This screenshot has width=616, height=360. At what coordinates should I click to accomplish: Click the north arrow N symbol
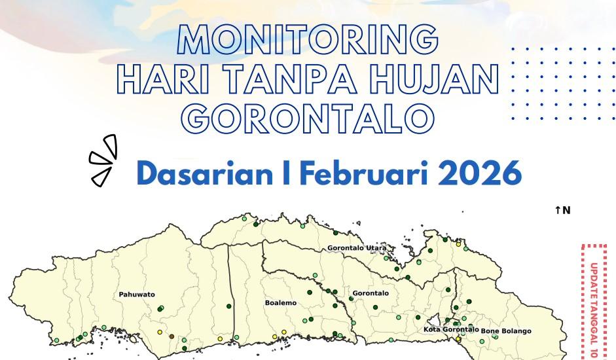tap(562, 210)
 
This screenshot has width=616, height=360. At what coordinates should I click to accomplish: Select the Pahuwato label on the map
tap(137, 295)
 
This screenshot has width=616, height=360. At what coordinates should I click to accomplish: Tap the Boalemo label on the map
tap(280, 303)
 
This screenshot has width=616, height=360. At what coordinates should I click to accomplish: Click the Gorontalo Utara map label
tap(356, 249)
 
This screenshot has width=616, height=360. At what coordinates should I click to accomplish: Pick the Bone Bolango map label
tap(506, 331)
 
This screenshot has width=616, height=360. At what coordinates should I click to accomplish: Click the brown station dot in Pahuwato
tap(172, 336)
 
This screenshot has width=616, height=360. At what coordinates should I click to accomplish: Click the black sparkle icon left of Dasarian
tap(104, 160)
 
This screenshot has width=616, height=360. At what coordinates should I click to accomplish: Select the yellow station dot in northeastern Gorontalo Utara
tap(459, 244)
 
